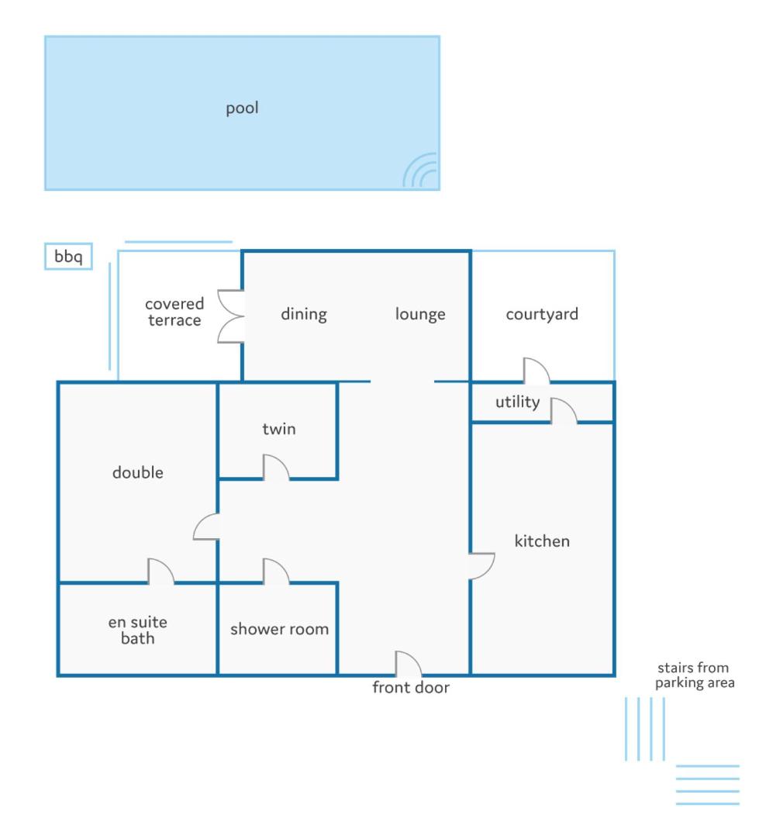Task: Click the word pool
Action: (242, 108)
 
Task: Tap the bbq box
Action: (69, 257)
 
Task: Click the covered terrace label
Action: (174, 312)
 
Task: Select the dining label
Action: (304, 314)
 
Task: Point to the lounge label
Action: (420, 314)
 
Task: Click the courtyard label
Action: (542, 314)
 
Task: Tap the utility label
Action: (518, 402)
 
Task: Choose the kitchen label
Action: (542, 541)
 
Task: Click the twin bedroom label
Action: (279, 429)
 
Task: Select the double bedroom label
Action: (138, 472)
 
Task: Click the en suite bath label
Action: (138, 630)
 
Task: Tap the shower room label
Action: (279, 629)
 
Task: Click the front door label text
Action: (411, 687)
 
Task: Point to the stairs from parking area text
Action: (695, 675)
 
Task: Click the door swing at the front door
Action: (409, 663)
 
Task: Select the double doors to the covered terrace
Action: (231, 316)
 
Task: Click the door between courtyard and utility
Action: (536, 371)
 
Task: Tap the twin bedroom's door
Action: (276, 467)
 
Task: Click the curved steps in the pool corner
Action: (420, 171)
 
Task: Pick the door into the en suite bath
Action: (161, 571)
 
